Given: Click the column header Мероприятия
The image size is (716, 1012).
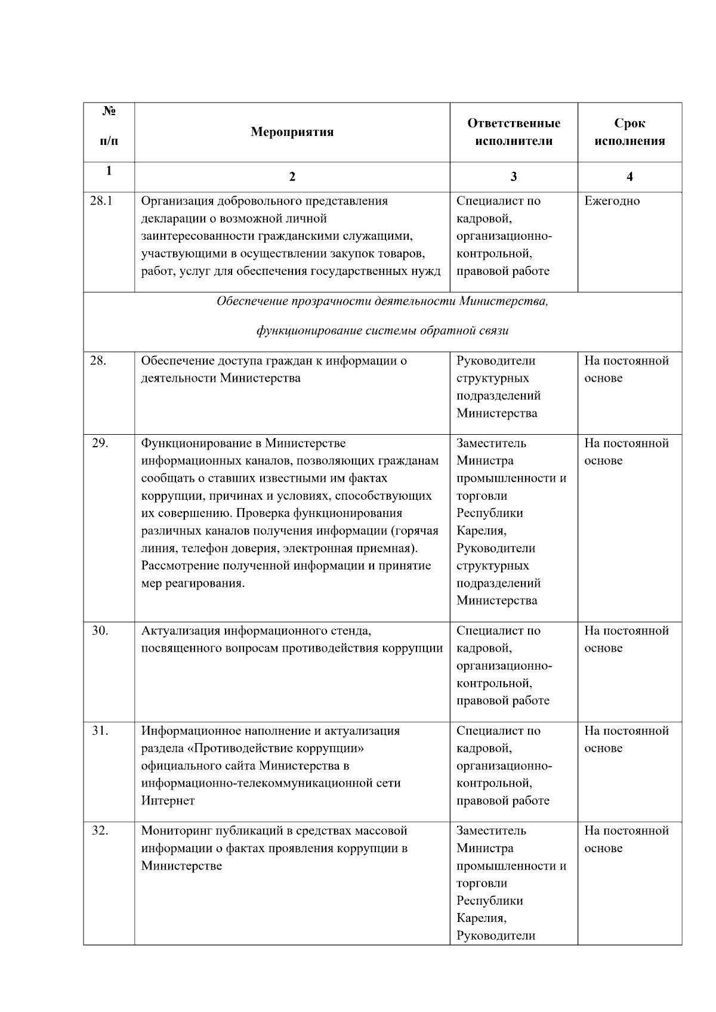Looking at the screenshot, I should point(292,132).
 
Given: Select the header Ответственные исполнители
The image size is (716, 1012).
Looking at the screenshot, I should point(513,132).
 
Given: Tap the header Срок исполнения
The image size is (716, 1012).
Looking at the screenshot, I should point(629,132).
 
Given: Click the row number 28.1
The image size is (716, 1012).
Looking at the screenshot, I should point(101,201).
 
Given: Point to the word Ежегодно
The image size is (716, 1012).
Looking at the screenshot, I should point(612,201).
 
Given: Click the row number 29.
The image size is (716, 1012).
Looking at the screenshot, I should point(100,443).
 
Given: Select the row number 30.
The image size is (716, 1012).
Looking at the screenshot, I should point(100,631).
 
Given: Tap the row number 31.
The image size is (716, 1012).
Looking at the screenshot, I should point(100,731).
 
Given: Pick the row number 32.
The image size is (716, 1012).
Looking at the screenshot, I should point(100,831).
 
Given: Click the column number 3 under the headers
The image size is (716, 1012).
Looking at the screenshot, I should point(514,177).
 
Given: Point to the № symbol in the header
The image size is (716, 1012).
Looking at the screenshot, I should point(109,112).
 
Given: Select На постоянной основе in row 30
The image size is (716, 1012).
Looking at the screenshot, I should point(626,639).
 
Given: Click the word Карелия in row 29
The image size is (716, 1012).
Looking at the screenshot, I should point(481,531).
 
